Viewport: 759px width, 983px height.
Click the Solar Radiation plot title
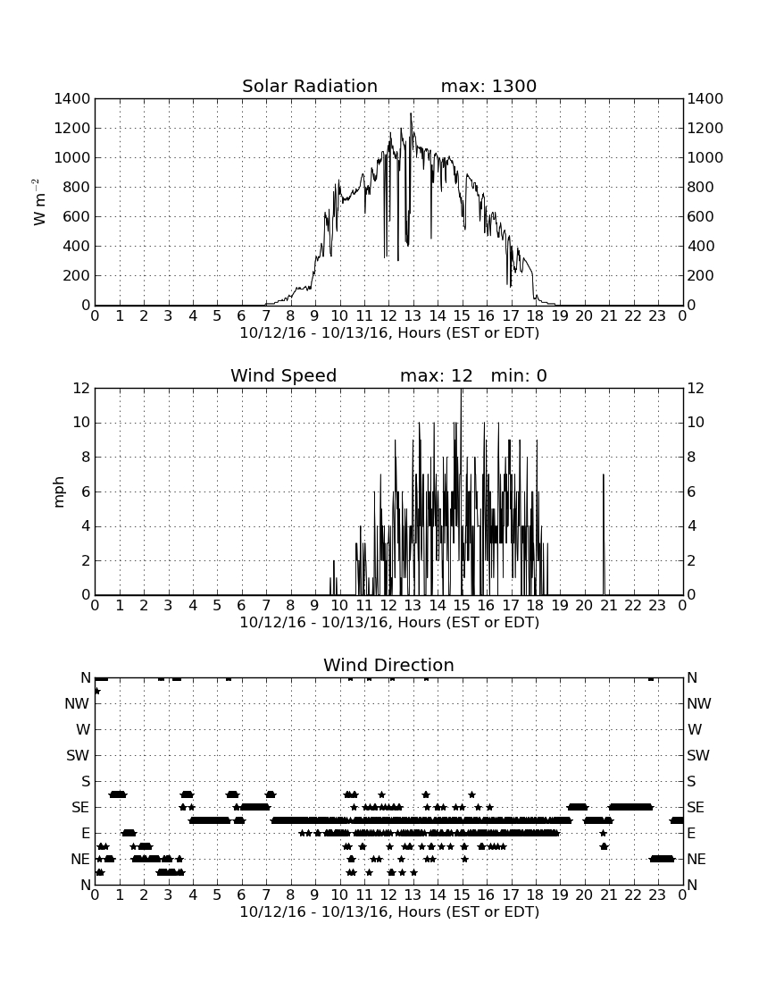click(x=310, y=86)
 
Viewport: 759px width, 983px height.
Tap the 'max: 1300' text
click(x=488, y=86)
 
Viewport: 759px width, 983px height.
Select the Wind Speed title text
click(x=284, y=375)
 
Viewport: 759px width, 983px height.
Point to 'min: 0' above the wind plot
click(x=519, y=375)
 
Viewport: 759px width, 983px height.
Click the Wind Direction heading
click(x=388, y=665)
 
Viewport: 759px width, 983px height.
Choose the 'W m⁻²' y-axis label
click(x=38, y=202)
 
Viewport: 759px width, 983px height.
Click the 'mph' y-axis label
click(x=59, y=492)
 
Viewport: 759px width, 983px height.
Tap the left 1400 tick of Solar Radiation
click(x=72, y=98)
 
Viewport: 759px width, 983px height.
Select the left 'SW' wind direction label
click(x=78, y=755)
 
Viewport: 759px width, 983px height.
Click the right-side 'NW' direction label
click(x=699, y=703)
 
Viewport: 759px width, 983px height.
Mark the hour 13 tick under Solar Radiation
click(x=413, y=315)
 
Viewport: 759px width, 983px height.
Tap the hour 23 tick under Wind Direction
click(x=657, y=895)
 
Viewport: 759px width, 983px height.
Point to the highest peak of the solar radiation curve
click(x=411, y=114)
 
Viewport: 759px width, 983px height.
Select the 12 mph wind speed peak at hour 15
click(x=462, y=390)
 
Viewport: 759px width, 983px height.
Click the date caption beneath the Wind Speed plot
click(x=389, y=623)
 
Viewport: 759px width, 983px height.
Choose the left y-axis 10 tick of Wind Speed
click(x=82, y=423)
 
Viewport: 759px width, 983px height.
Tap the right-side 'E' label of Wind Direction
click(x=691, y=833)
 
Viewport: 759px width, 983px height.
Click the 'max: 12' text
click(x=437, y=375)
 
